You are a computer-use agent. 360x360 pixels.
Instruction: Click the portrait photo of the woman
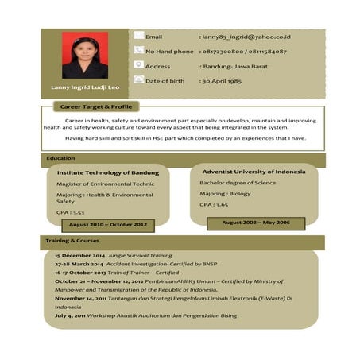pos(85,55)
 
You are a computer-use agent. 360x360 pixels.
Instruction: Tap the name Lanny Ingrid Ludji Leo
pos(85,87)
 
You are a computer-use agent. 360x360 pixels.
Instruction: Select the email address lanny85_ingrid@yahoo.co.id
pos(246,37)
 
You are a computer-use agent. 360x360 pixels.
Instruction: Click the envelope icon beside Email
pos(138,36)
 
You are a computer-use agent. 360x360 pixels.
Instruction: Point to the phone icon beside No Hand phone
pos(138,50)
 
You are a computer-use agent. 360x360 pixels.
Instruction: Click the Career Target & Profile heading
pos(92,106)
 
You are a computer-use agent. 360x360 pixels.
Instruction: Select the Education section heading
pos(61,158)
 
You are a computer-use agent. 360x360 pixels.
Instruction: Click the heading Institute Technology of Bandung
pos(107,172)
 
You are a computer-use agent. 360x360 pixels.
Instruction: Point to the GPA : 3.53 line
pos(71,213)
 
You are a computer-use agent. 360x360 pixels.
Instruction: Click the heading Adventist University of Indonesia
pos(254,172)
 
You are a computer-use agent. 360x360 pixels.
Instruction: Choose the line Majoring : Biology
pos(225,193)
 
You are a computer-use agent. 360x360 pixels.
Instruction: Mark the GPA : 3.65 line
pos(213,204)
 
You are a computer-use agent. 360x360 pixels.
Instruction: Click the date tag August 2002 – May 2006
pos(255,223)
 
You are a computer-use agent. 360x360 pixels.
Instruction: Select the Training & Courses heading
pos(72,240)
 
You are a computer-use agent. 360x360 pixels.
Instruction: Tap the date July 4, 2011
pos(74,315)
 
